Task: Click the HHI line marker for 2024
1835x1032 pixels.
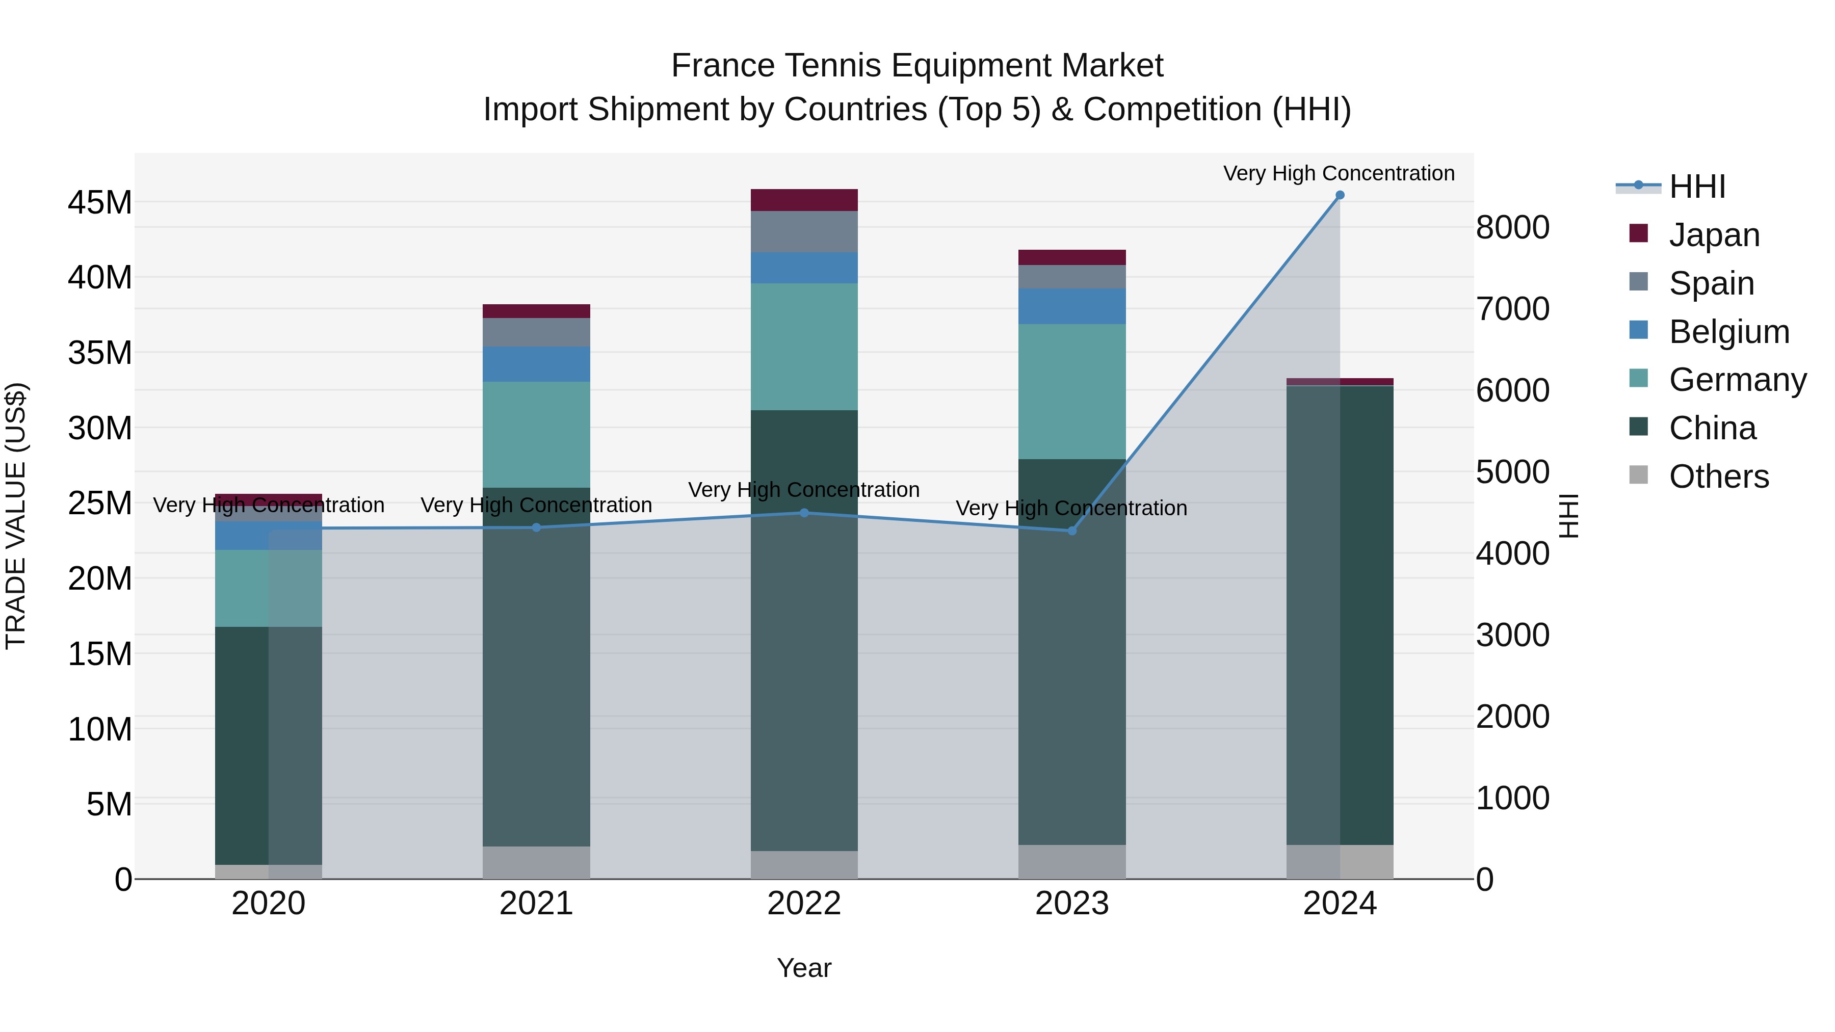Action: [x=1339, y=195]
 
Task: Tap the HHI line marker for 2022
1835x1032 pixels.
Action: [x=804, y=513]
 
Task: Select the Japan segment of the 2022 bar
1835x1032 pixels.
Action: [x=804, y=200]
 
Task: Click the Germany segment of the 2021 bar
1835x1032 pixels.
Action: [x=536, y=434]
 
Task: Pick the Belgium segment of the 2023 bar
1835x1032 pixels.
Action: [x=1071, y=306]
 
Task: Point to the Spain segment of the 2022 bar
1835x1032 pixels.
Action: [x=804, y=231]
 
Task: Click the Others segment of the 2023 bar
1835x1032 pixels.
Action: [x=1071, y=862]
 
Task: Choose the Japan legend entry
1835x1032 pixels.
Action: [x=1713, y=234]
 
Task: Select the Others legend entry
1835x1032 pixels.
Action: [x=1718, y=477]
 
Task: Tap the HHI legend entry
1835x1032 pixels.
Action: [x=1697, y=187]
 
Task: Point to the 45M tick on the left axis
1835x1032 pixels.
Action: [x=100, y=203]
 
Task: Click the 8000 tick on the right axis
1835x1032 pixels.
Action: [x=1512, y=228]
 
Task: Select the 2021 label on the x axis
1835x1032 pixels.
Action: [x=536, y=904]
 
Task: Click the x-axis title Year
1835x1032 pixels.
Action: [x=804, y=968]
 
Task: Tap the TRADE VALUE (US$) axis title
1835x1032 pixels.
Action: [x=16, y=516]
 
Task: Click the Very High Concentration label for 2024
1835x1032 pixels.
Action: [x=1339, y=173]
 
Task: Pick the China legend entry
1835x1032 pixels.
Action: [x=1712, y=428]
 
